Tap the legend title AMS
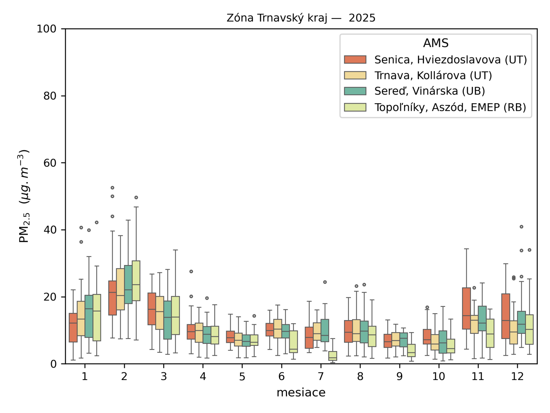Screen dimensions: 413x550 (x=436, y=43)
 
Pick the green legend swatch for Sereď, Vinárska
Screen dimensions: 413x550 (x=355, y=91)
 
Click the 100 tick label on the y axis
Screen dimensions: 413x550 (x=46, y=29)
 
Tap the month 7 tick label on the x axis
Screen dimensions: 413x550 (x=321, y=377)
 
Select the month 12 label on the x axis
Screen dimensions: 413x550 (x=517, y=377)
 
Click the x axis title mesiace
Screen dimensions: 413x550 (x=301, y=392)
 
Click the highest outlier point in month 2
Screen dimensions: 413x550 (x=112, y=188)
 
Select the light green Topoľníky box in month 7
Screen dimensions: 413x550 (x=333, y=356)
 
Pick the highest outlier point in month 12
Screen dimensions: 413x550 (x=521, y=227)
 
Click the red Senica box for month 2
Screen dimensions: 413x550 (x=112, y=298)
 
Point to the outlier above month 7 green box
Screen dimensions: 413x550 (x=325, y=282)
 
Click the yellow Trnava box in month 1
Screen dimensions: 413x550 (x=81, y=318)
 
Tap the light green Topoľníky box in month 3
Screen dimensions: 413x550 (x=175, y=315)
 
